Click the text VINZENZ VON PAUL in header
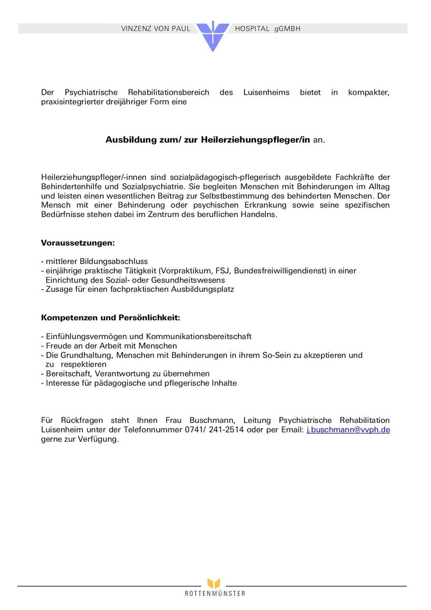point(156,29)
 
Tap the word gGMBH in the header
point(288,29)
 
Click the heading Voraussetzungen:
point(78,243)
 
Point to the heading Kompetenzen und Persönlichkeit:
point(110,318)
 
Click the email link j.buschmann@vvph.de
point(348,430)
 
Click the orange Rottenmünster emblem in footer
point(213,584)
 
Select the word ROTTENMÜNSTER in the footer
point(215,594)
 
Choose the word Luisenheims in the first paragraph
point(266,93)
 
